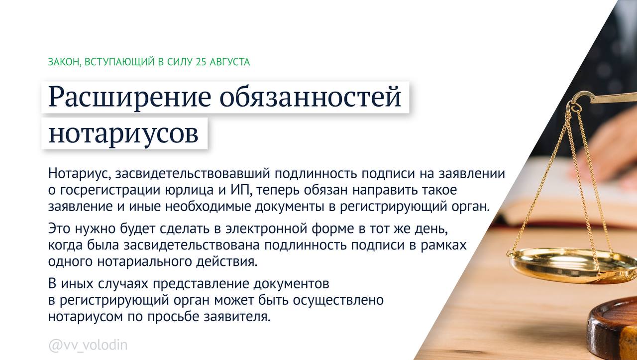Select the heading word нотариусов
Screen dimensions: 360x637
(x=123, y=132)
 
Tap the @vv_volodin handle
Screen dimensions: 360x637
(x=88, y=345)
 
